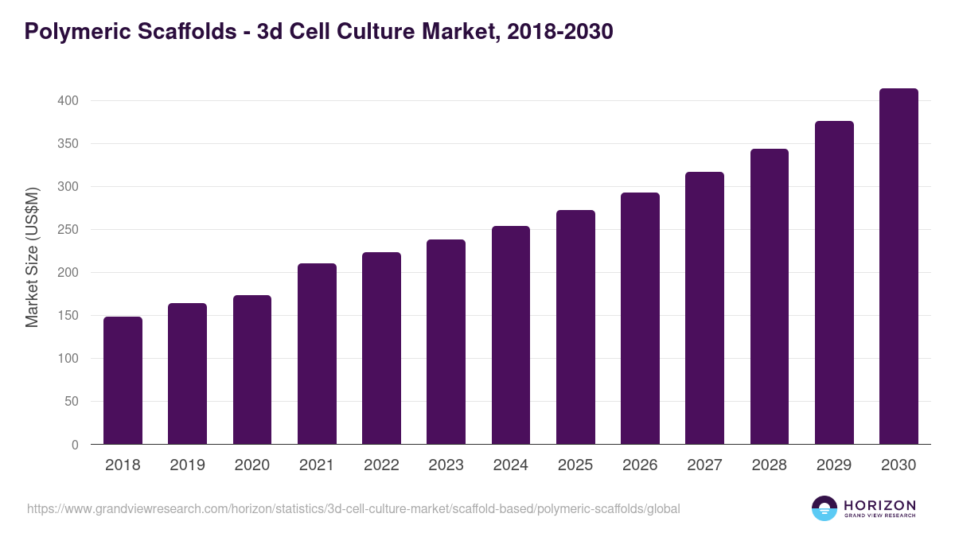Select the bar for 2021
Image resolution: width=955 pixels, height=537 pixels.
click(x=317, y=354)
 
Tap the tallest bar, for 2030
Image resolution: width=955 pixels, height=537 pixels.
click(x=898, y=267)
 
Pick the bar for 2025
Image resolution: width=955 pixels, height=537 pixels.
click(x=575, y=327)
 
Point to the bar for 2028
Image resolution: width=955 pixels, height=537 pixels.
click(x=770, y=297)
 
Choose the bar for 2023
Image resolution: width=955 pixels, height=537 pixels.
click(x=446, y=342)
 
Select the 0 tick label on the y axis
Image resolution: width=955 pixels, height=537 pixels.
click(x=75, y=445)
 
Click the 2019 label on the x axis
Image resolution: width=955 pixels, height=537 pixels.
click(x=187, y=465)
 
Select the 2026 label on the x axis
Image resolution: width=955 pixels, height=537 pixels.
click(x=640, y=465)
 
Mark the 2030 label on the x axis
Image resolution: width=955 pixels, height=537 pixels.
click(x=898, y=465)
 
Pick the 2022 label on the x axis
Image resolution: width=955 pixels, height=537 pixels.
click(x=381, y=465)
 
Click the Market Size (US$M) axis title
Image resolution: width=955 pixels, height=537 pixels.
click(x=32, y=256)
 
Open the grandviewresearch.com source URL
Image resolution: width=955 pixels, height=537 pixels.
click(x=353, y=508)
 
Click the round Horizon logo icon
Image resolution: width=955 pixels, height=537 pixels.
click(x=824, y=508)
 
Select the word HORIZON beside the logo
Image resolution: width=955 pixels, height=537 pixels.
click(x=879, y=505)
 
